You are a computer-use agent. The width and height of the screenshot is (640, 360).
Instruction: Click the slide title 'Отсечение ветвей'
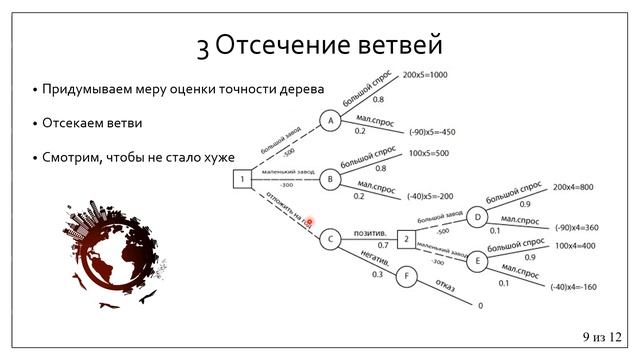click(x=320, y=45)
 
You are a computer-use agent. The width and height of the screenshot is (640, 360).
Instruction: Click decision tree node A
click(x=330, y=119)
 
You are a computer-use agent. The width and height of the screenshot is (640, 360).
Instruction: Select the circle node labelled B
click(x=330, y=180)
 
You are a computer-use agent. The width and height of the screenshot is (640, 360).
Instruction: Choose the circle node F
click(x=406, y=274)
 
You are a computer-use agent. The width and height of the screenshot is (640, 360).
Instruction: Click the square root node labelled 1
click(x=241, y=180)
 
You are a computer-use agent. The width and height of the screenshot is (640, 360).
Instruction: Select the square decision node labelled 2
click(x=405, y=239)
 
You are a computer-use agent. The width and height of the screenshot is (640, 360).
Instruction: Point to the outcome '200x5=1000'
click(x=427, y=75)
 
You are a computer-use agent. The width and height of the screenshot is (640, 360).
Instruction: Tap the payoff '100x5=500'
click(x=429, y=153)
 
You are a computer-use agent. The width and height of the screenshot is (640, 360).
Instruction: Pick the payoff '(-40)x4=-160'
click(x=574, y=287)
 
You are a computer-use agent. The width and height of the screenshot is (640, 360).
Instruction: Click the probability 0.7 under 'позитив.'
click(x=384, y=245)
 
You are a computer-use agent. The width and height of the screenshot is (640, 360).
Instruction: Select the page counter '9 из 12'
click(x=600, y=336)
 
